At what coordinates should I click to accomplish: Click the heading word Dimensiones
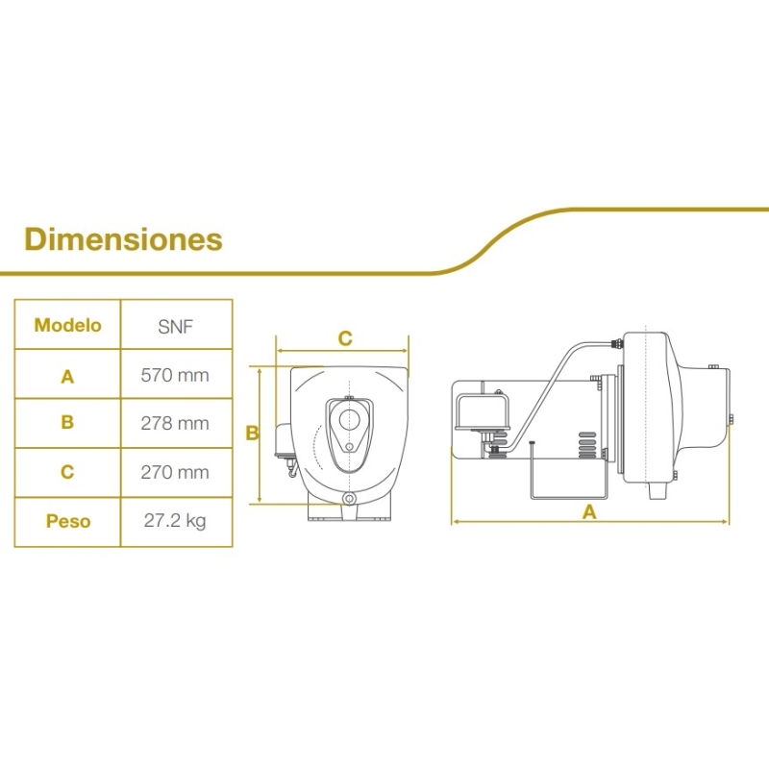[123, 239]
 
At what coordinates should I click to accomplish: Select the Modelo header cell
[67, 325]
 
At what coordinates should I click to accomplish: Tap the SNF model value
[176, 327]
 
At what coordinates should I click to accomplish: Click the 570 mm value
[175, 375]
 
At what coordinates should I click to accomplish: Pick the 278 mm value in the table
[175, 423]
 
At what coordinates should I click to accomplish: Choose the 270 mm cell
[175, 472]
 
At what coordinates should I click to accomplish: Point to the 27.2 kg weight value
[175, 521]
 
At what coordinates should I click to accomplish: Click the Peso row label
[68, 521]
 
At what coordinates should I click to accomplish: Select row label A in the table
[67, 377]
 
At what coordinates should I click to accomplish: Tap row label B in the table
[67, 422]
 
